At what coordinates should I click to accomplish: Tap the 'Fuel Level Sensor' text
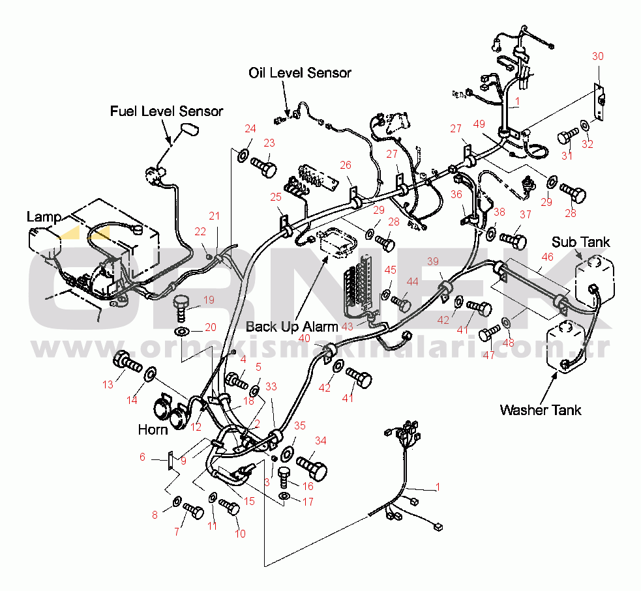click(166, 111)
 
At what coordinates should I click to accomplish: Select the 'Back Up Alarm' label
click(291, 326)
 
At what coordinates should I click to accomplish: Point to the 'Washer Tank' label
click(540, 410)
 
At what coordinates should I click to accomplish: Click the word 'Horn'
click(153, 430)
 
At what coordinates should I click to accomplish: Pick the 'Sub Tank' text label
click(580, 242)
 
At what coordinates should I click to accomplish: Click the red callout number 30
click(598, 56)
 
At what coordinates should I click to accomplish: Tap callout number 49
click(479, 123)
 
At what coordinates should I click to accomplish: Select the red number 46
click(546, 257)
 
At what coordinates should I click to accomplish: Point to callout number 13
click(108, 384)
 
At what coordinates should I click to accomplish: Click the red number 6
click(142, 457)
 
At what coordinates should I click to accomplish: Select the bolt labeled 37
click(514, 239)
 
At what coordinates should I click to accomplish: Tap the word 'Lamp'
click(44, 217)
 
